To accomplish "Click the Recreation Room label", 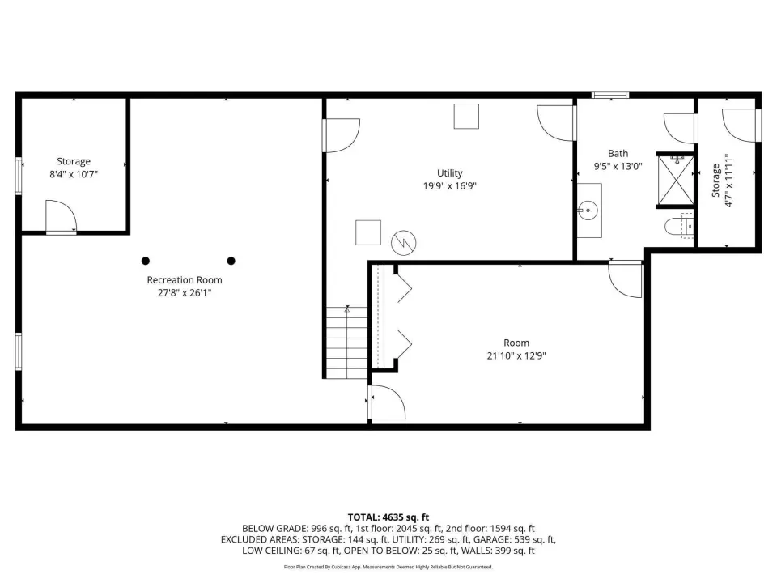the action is coord(185,280).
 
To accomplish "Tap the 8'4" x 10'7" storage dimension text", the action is coord(74,174).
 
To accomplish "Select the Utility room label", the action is coord(450,173).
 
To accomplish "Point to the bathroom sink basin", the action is coord(588,211).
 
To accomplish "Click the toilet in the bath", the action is coord(679,226).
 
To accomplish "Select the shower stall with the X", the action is coord(675,180).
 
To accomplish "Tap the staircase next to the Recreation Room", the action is coord(347,343).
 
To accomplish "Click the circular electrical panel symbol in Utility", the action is coord(403,244).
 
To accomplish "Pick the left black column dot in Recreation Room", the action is coord(146,261).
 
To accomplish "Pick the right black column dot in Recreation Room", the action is coord(231,261).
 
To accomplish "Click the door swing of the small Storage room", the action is coord(61,217).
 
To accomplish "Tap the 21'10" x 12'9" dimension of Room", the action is coord(516,355).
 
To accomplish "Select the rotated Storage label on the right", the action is coord(715,181).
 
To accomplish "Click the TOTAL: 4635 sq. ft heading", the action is coord(388,517).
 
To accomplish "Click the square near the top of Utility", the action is coord(466,117).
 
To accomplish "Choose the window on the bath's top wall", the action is coord(610,96).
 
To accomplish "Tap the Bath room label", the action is coord(618,154).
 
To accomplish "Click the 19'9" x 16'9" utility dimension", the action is coord(450,186).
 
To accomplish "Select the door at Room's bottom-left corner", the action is coord(387,402).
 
